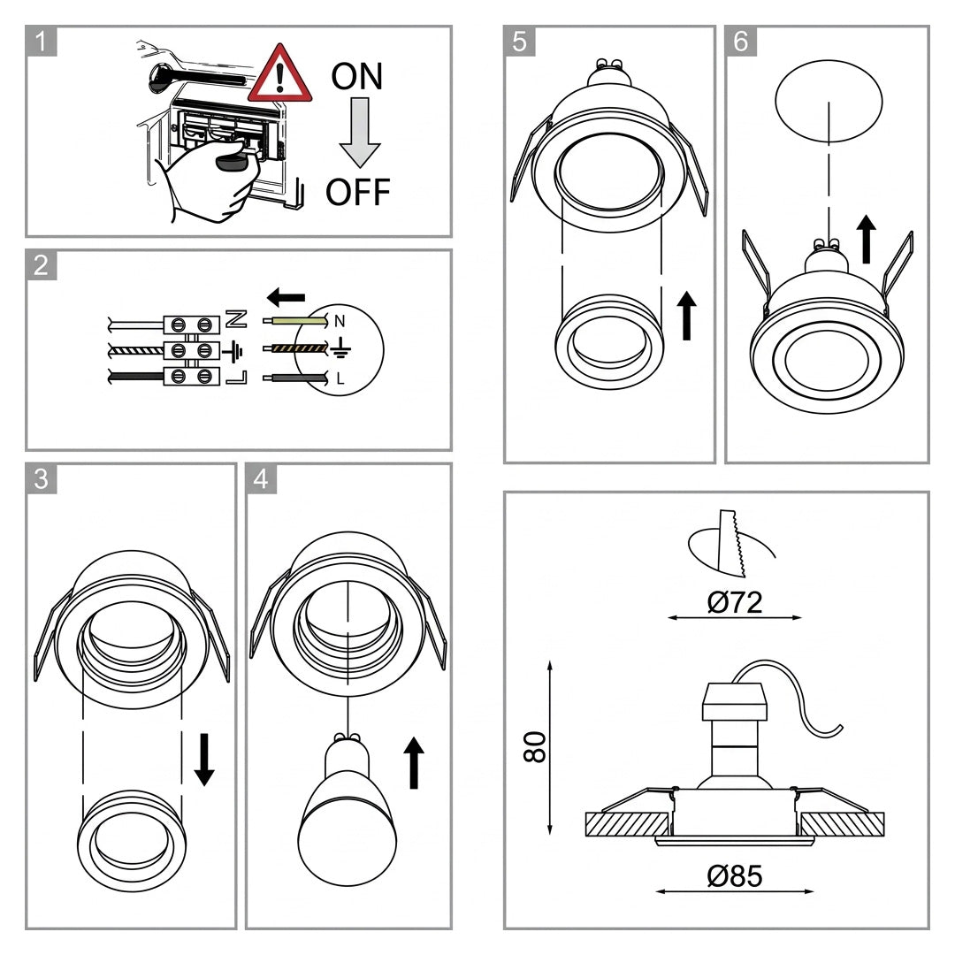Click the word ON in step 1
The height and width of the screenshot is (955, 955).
(357, 76)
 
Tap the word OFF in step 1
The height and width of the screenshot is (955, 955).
(358, 192)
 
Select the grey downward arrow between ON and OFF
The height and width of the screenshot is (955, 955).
(360, 133)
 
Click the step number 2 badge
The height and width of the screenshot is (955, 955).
(42, 265)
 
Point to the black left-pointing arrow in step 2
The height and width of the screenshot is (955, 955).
(286, 297)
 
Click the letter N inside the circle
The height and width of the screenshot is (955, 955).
(340, 321)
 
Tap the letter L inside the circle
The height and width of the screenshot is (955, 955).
(340, 378)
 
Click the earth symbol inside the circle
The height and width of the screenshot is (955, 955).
(341, 348)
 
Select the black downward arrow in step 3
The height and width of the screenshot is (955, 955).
(204, 760)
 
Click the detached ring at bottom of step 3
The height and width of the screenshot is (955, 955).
(132, 841)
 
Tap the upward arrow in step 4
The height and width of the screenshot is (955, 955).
(414, 762)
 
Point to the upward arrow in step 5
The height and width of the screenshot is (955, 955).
(687, 316)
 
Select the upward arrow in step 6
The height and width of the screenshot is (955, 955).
(866, 240)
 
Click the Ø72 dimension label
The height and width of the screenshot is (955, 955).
(735, 602)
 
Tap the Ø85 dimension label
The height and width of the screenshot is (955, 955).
(735, 875)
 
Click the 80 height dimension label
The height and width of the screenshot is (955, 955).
(535, 746)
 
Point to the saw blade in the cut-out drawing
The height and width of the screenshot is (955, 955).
(732, 543)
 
